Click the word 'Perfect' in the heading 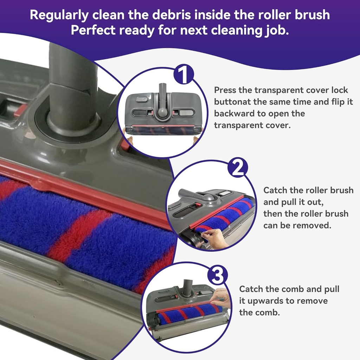(x=93, y=31)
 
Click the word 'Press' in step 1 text (x=225, y=90)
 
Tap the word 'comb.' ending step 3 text (x=269, y=313)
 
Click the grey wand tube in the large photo (x=72, y=84)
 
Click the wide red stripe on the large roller (x=76, y=232)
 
